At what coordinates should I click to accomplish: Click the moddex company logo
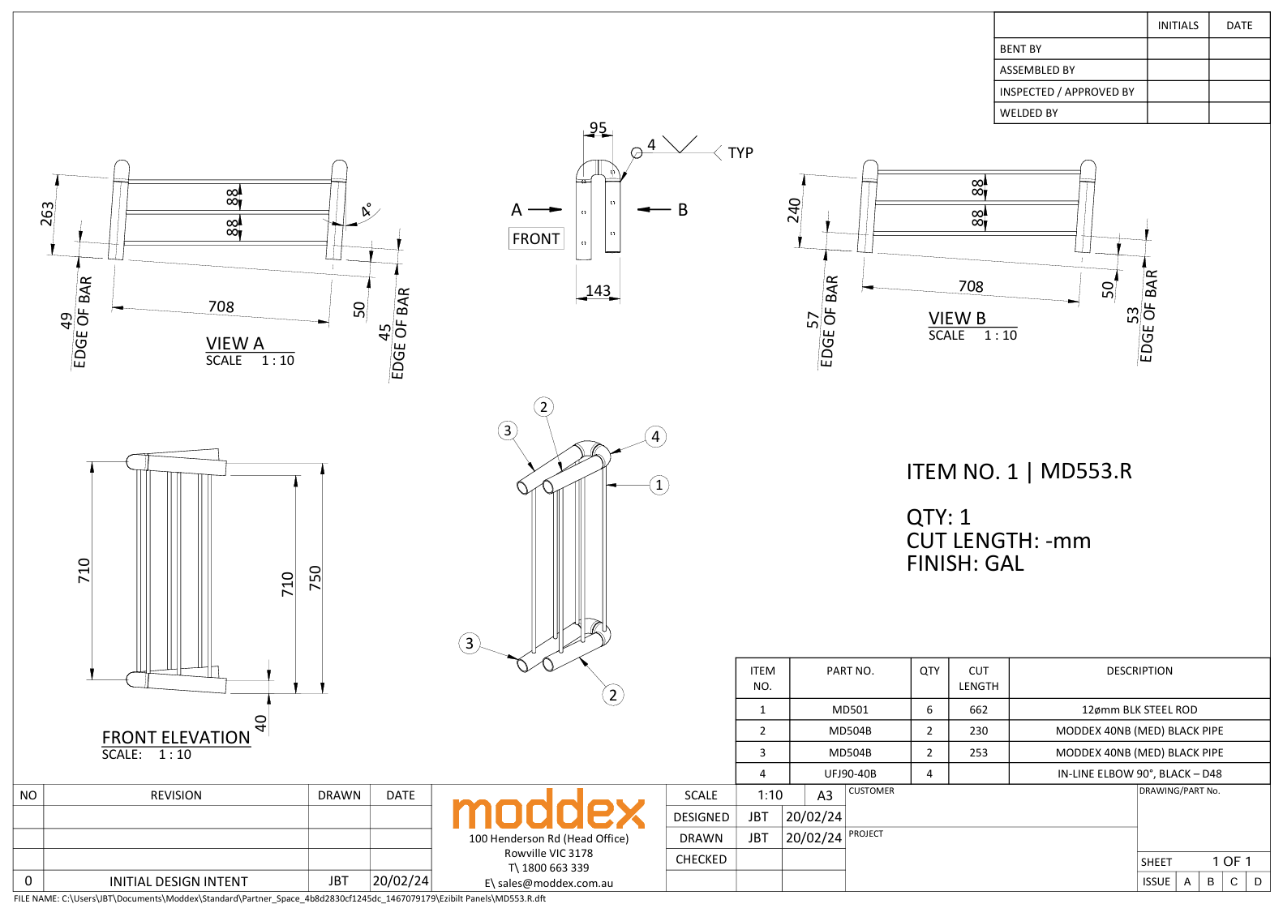pyautogui.click(x=548, y=811)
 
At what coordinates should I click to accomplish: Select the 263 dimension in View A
pyautogui.click(x=48, y=214)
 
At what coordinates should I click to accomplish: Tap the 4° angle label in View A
pyautogui.click(x=367, y=209)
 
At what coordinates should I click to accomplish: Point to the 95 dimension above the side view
pyautogui.click(x=598, y=128)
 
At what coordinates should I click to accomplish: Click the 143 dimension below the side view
pyautogui.click(x=598, y=290)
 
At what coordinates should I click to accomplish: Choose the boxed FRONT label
pyautogui.click(x=535, y=238)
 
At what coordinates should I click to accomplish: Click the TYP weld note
pyautogui.click(x=740, y=153)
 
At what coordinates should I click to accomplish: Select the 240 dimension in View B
pyautogui.click(x=794, y=210)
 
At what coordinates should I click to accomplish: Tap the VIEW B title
pyautogui.click(x=957, y=319)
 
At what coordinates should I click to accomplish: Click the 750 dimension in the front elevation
pyautogui.click(x=315, y=577)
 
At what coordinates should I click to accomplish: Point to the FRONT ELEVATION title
pyautogui.click(x=176, y=737)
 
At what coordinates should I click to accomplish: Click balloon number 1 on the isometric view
pyautogui.click(x=659, y=485)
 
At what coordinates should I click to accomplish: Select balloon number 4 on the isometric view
pyautogui.click(x=655, y=436)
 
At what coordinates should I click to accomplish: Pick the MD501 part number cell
pyautogui.click(x=850, y=709)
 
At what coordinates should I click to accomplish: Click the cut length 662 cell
pyautogui.click(x=978, y=709)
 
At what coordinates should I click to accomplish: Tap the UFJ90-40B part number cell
pyautogui.click(x=850, y=773)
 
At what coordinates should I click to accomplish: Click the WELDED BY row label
pyautogui.click(x=1028, y=113)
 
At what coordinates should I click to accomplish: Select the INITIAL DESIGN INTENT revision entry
pyautogui.click(x=178, y=881)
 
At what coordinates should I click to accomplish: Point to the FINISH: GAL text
pyautogui.click(x=965, y=563)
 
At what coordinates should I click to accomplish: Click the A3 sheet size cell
pyautogui.click(x=825, y=795)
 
